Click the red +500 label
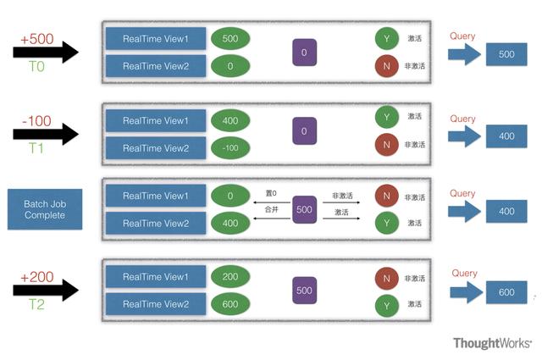click(x=37, y=39)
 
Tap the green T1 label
click(x=36, y=148)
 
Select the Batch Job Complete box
click(x=45, y=209)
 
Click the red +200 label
click(x=37, y=277)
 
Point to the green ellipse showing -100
click(x=230, y=148)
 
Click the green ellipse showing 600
click(x=230, y=304)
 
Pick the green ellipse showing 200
click(x=230, y=276)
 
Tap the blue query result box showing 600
click(x=506, y=292)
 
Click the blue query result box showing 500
click(x=506, y=54)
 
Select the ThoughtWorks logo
click(x=492, y=343)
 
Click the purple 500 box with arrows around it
click(x=304, y=209)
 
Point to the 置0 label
click(x=271, y=193)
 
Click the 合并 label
click(x=271, y=209)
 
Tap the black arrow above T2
click(x=46, y=291)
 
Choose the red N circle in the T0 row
click(x=386, y=66)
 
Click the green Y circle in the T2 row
click(x=386, y=306)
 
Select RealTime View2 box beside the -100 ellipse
click(x=156, y=148)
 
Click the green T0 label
click(x=36, y=66)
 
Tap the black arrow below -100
click(x=46, y=134)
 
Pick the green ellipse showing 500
click(x=230, y=38)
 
